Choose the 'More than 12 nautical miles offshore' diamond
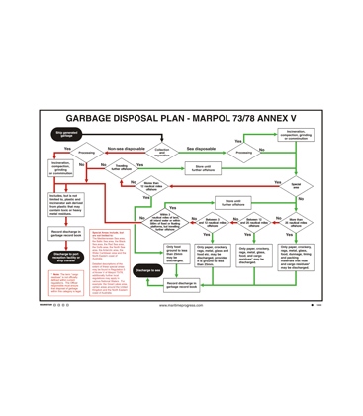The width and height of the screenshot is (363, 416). click(152, 186)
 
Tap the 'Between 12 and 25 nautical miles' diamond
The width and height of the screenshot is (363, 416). click(253, 222)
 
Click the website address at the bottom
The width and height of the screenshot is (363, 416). click(181, 305)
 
